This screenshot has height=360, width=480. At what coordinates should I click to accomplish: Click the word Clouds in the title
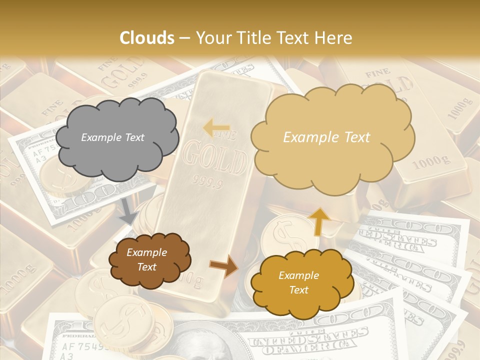(x=147, y=38)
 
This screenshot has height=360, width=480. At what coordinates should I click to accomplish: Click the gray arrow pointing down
(x=128, y=211)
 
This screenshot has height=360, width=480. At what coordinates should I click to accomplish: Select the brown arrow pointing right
(x=223, y=265)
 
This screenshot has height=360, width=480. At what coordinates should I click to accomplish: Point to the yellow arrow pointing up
(x=320, y=221)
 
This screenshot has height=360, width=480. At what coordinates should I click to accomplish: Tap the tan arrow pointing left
(x=216, y=127)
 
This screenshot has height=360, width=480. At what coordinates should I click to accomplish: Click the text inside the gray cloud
(x=112, y=137)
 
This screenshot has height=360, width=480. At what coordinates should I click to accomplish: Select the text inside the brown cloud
(x=146, y=259)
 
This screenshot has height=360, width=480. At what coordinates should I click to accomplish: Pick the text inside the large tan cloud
(x=326, y=137)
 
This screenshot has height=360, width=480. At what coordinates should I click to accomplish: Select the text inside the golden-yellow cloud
(x=298, y=282)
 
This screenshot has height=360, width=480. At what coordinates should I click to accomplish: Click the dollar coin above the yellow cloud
(x=282, y=232)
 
